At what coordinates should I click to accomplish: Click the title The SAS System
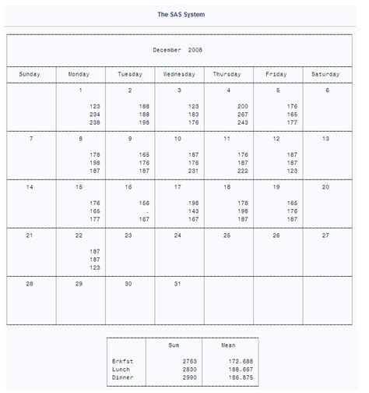pyautogui.click(x=181, y=15)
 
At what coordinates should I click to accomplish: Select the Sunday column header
pyautogui.click(x=30, y=74)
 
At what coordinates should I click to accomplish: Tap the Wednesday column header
pyautogui.click(x=179, y=74)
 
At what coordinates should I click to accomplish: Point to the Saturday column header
pyautogui.click(x=325, y=74)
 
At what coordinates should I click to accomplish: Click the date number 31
pyautogui.click(x=178, y=284)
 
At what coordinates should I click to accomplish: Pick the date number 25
pyautogui.click(x=227, y=235)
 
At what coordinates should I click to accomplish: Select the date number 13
pyautogui.click(x=326, y=139)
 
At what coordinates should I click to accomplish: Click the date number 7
pyautogui.click(x=30, y=139)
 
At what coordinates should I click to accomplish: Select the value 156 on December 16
pyautogui.click(x=144, y=203)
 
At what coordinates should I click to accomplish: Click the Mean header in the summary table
pyautogui.click(x=228, y=345)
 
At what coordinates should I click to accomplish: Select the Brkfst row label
pyautogui.click(x=123, y=362)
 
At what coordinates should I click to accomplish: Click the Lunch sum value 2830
pyautogui.click(x=188, y=370)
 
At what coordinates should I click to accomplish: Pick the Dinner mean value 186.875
pyautogui.click(x=241, y=377)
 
